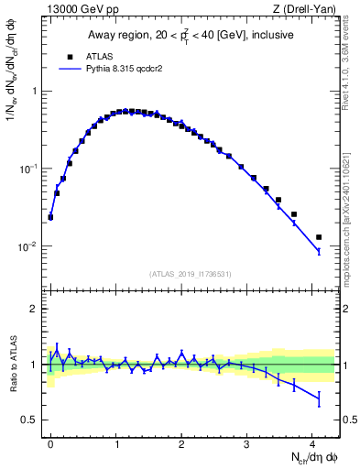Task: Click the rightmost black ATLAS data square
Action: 319,237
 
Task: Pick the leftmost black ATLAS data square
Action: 50,217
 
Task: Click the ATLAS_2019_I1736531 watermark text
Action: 191,274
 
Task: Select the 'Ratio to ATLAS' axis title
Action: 12,365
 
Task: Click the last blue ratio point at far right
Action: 319,398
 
